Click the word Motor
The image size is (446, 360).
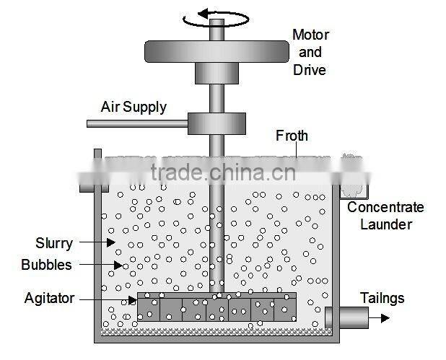310,35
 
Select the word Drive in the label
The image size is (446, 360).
310,70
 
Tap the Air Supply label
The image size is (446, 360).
134,107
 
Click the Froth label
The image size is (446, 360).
292,135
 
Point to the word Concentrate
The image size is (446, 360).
386,208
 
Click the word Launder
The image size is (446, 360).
386,224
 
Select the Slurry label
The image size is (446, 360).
55,243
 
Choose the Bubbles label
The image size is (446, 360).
46,265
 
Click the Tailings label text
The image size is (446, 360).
382,298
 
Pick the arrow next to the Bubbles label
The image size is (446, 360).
101,265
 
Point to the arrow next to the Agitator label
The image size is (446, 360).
108,299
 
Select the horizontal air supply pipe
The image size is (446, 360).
137,123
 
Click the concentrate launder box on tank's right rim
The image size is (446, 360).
354,189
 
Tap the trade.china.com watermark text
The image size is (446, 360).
223,172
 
